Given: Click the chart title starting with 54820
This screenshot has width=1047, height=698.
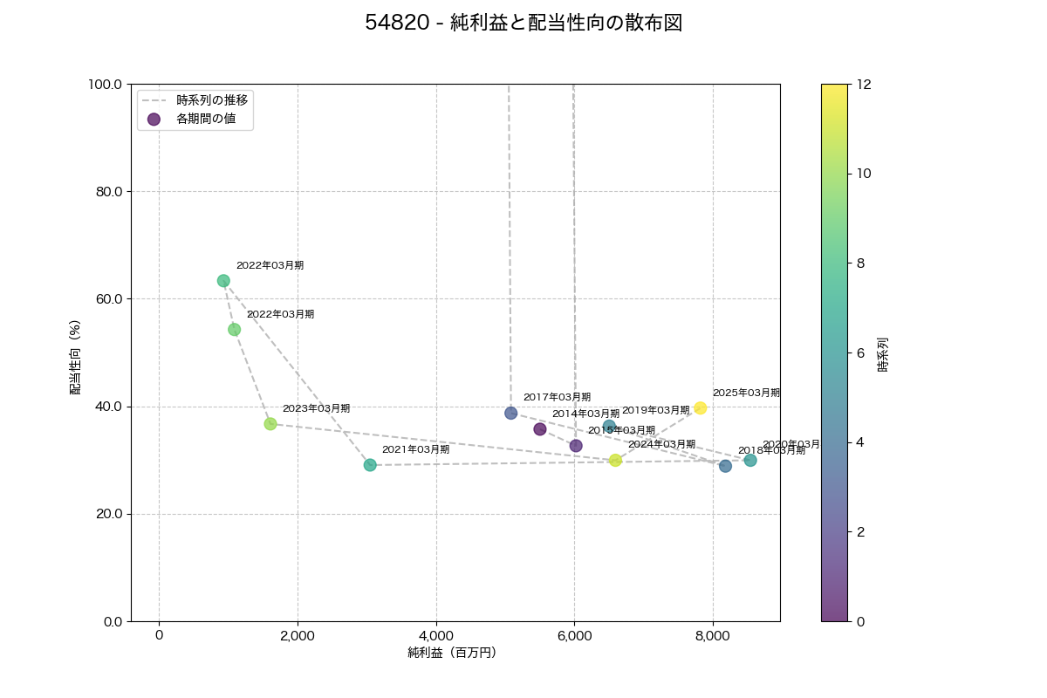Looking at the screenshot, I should (x=523, y=24).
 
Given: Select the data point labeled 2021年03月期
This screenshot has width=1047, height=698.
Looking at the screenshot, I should (x=370, y=465).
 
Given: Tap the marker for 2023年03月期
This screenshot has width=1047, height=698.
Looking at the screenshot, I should (x=270, y=424).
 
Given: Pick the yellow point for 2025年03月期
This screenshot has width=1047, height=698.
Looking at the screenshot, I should (x=700, y=408).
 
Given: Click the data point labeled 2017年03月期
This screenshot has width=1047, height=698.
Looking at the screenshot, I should (x=510, y=413).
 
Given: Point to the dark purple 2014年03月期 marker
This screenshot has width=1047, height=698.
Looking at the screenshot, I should (x=540, y=429).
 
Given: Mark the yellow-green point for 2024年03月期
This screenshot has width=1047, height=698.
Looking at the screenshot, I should (x=615, y=461).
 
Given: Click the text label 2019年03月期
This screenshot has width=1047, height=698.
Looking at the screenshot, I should (x=655, y=410).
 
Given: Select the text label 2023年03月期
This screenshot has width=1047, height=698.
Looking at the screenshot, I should (x=316, y=408).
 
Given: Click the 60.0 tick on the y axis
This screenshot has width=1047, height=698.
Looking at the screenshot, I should (x=109, y=299).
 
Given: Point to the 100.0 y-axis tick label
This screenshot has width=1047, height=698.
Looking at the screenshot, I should (x=106, y=85).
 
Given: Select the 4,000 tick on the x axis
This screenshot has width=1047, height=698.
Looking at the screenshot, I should (x=436, y=635).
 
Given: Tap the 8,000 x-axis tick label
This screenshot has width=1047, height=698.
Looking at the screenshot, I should (x=713, y=635).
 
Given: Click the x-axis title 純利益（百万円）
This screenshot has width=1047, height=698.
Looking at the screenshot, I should (x=452, y=653).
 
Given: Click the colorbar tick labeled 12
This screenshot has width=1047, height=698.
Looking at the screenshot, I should (x=866, y=85).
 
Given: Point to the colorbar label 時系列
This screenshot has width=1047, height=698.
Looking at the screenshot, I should (x=883, y=354).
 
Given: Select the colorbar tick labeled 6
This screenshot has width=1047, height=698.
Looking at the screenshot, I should (x=862, y=352).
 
